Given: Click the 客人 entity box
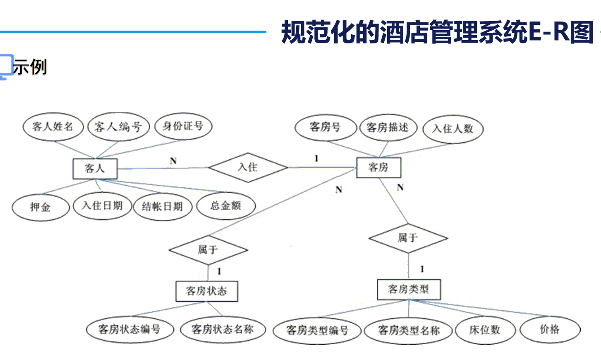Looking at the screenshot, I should click(x=95, y=168).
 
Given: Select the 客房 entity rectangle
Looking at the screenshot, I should click(x=378, y=167).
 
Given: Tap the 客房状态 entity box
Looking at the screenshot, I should click(x=206, y=291).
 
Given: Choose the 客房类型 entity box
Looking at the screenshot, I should click(x=409, y=289).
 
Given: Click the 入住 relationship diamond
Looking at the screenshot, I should click(x=248, y=167).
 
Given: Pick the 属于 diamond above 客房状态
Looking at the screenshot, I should click(x=208, y=250).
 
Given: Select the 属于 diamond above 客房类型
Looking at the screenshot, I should click(x=408, y=238).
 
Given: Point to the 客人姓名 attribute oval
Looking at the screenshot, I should click(x=53, y=127).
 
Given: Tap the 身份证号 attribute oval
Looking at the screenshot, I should click(x=183, y=126).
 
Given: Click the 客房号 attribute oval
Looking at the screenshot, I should click(x=326, y=127).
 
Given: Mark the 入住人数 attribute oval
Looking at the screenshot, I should click(x=453, y=129).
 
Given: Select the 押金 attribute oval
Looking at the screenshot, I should click(x=41, y=207).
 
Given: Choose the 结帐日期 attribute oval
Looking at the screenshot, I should click(x=163, y=206).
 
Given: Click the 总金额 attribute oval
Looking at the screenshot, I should click(x=226, y=206).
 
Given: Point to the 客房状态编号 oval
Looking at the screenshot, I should click(x=129, y=329).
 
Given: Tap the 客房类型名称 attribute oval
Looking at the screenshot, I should click(x=408, y=330).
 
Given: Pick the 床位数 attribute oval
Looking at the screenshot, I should click(x=485, y=330).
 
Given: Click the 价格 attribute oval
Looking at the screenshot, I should click(x=550, y=329).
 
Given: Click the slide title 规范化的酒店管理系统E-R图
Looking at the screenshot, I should click(x=437, y=32).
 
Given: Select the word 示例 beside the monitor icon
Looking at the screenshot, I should click(x=30, y=67).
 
